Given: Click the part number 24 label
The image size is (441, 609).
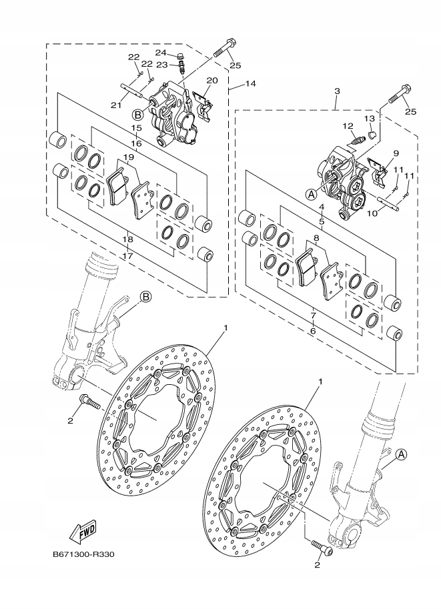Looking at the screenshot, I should pyautogui.click(x=161, y=53).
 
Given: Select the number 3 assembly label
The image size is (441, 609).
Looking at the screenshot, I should pyautogui.click(x=338, y=91).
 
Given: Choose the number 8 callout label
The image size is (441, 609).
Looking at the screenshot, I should pyautogui.click(x=316, y=237).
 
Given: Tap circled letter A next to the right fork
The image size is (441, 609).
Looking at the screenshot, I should pyautogui.click(x=401, y=454).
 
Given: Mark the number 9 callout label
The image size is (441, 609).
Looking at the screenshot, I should pyautogui.click(x=396, y=153).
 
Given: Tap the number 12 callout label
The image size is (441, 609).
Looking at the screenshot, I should pyautogui.click(x=348, y=125).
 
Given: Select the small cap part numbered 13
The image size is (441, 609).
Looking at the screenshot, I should pyautogui.click(x=373, y=133).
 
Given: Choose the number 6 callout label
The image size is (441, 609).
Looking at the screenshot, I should pyautogui.click(x=313, y=330).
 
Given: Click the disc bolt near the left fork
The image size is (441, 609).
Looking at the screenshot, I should pyautogui.click(x=89, y=402).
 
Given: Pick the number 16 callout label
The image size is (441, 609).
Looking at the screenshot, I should pyautogui.click(x=136, y=143).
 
